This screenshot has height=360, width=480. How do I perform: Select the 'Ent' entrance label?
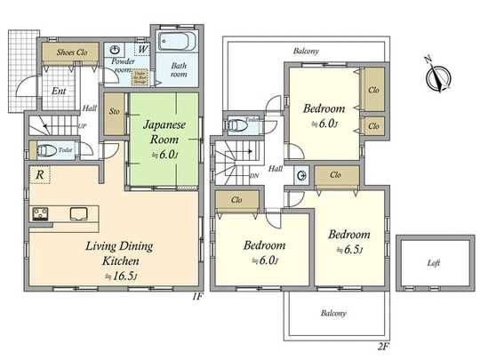[x=56, y=91]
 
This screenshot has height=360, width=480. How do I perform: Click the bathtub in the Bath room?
[x=173, y=43]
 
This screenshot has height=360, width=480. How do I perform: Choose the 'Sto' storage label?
[x=114, y=113]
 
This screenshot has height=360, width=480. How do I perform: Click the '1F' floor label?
[x=198, y=295]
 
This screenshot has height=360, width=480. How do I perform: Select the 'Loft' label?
[x=434, y=264]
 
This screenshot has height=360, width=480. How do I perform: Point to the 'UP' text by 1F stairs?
[x=83, y=127]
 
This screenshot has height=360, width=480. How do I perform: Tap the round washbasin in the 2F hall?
[x=301, y=174]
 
